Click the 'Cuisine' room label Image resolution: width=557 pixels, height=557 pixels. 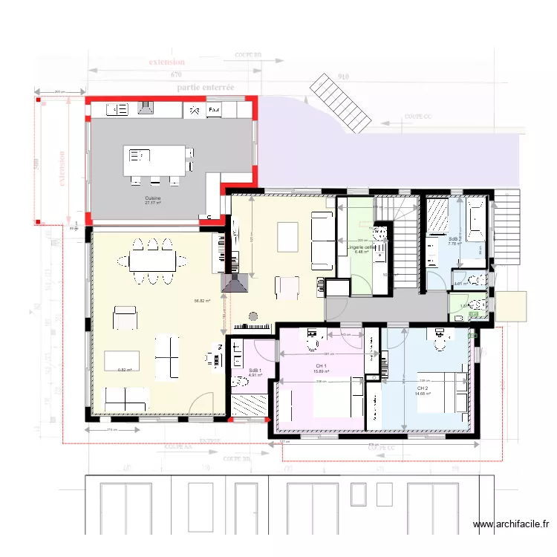(x=153, y=198)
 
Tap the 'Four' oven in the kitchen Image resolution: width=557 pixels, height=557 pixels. (x=214, y=110)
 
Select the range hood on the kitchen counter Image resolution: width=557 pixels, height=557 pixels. (x=146, y=108)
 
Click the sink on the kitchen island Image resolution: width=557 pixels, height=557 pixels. (x=137, y=156)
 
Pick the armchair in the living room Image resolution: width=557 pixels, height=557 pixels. (x=125, y=319)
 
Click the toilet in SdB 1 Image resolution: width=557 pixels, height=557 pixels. (x=240, y=382)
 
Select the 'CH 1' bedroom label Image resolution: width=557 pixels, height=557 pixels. (x=321, y=366)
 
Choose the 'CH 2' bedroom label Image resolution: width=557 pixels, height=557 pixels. (x=423, y=388)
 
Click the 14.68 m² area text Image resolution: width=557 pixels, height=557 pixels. (x=423, y=394)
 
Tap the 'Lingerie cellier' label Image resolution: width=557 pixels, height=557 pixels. (x=362, y=247)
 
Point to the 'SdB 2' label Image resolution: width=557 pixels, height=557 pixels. (x=455, y=238)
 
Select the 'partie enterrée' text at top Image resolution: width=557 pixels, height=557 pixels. (x=206, y=88)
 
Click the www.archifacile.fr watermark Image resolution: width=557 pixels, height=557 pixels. (x=512, y=525)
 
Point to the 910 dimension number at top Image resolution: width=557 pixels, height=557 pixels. (x=343, y=76)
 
